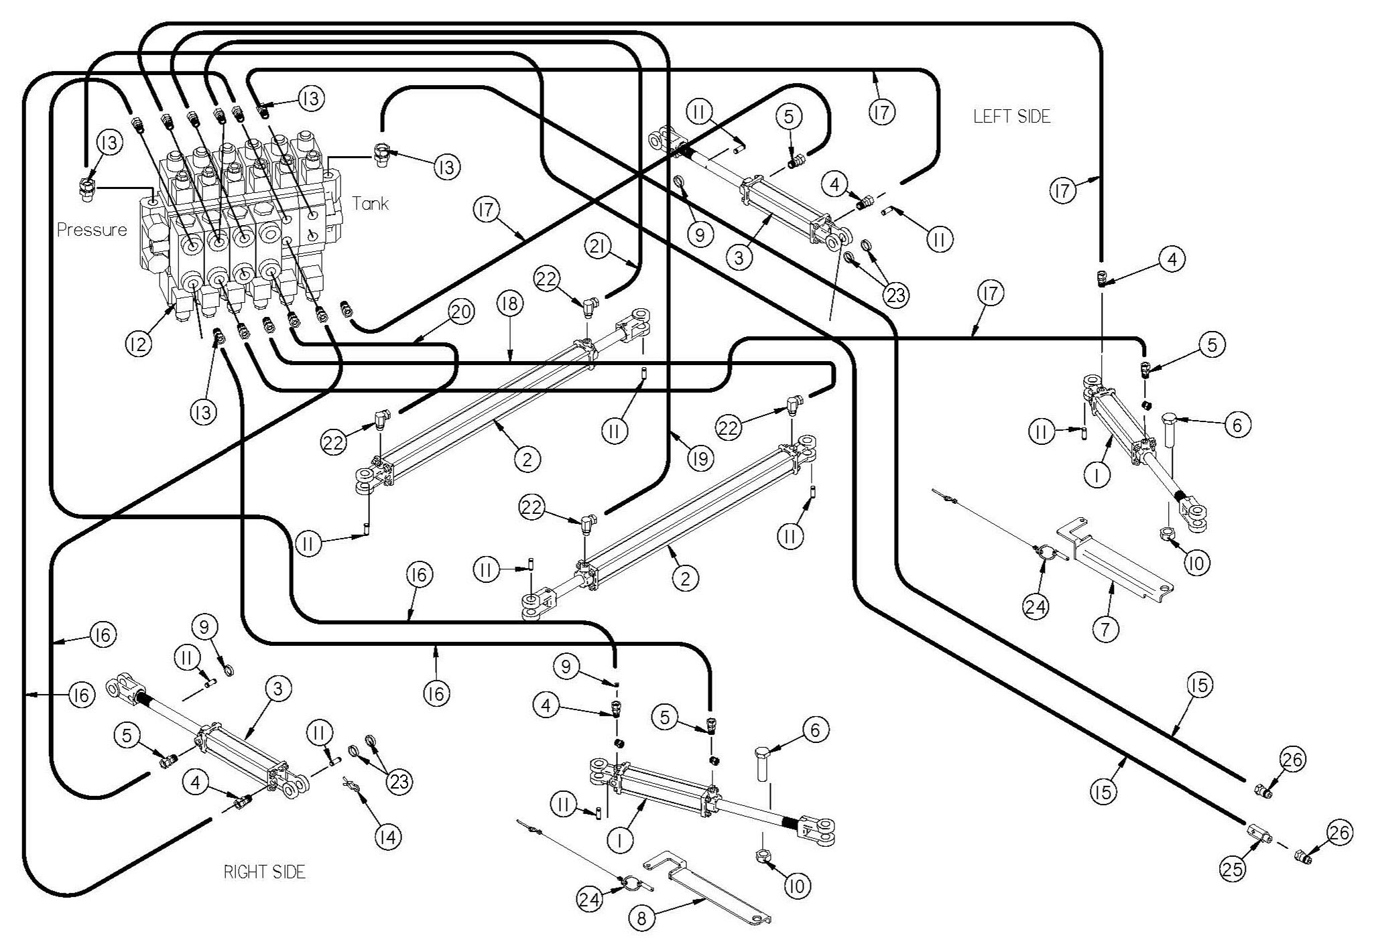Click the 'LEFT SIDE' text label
click(x=1011, y=117)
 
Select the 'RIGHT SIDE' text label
click(x=264, y=872)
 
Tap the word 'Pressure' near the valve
click(x=92, y=230)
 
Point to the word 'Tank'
click(x=371, y=204)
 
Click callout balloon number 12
click(x=137, y=343)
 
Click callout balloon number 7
click(x=1105, y=628)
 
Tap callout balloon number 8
click(x=642, y=919)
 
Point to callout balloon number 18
click(x=509, y=303)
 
